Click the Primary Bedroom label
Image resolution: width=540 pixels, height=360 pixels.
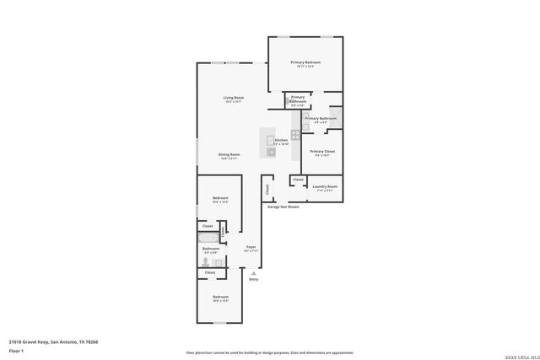point(305,62)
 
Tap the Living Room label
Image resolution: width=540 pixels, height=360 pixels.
point(234,99)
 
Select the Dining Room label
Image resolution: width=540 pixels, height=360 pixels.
point(229,154)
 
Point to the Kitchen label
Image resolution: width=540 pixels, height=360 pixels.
point(281,140)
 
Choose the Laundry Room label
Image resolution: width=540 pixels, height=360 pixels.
point(325,186)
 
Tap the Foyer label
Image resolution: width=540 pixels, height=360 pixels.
point(251,247)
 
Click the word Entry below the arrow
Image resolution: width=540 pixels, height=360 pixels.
point(253,279)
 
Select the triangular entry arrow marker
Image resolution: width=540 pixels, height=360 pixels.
point(253,272)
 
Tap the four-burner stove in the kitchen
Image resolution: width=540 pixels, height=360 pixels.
point(295,135)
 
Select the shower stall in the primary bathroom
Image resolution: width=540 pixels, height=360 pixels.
point(335,117)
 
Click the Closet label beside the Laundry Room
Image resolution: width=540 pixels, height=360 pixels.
point(298,180)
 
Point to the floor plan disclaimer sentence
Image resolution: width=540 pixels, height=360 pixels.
point(270,352)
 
